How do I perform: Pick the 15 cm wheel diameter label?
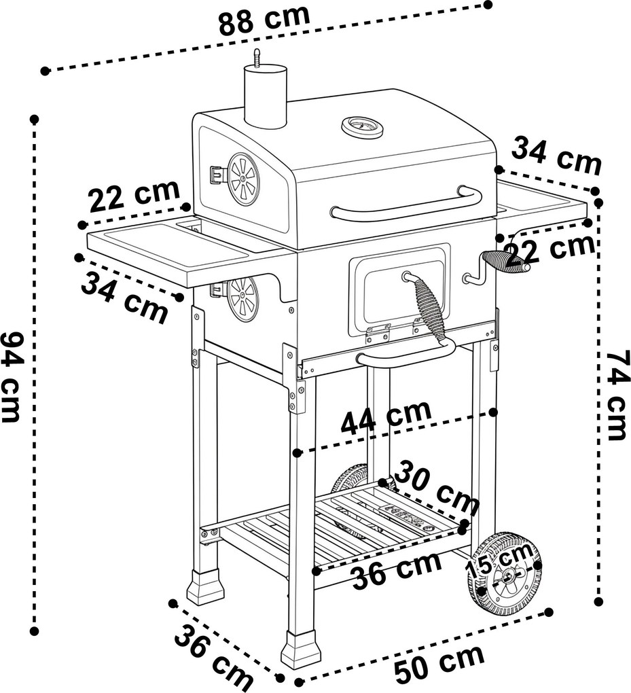(x=500, y=559)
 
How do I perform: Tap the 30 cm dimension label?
(x=437, y=489)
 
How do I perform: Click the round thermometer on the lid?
(x=362, y=127)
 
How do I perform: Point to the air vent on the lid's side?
(x=242, y=179)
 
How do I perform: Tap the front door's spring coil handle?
(x=427, y=307)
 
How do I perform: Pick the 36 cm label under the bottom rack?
(x=397, y=570)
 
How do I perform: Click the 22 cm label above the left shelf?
(x=134, y=195)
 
